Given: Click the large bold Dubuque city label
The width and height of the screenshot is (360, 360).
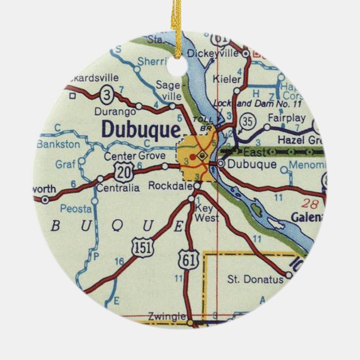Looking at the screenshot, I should pyautogui.click(x=141, y=129).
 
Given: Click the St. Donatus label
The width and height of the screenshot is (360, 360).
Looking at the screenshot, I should pyautogui.click(x=255, y=279).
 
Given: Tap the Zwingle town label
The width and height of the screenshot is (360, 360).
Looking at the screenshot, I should pyautogui.click(x=167, y=316).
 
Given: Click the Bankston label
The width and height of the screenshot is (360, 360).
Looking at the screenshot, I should pyautogui.click(x=58, y=144).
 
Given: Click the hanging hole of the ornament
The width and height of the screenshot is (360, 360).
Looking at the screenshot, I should pyautogui.click(x=180, y=66).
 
